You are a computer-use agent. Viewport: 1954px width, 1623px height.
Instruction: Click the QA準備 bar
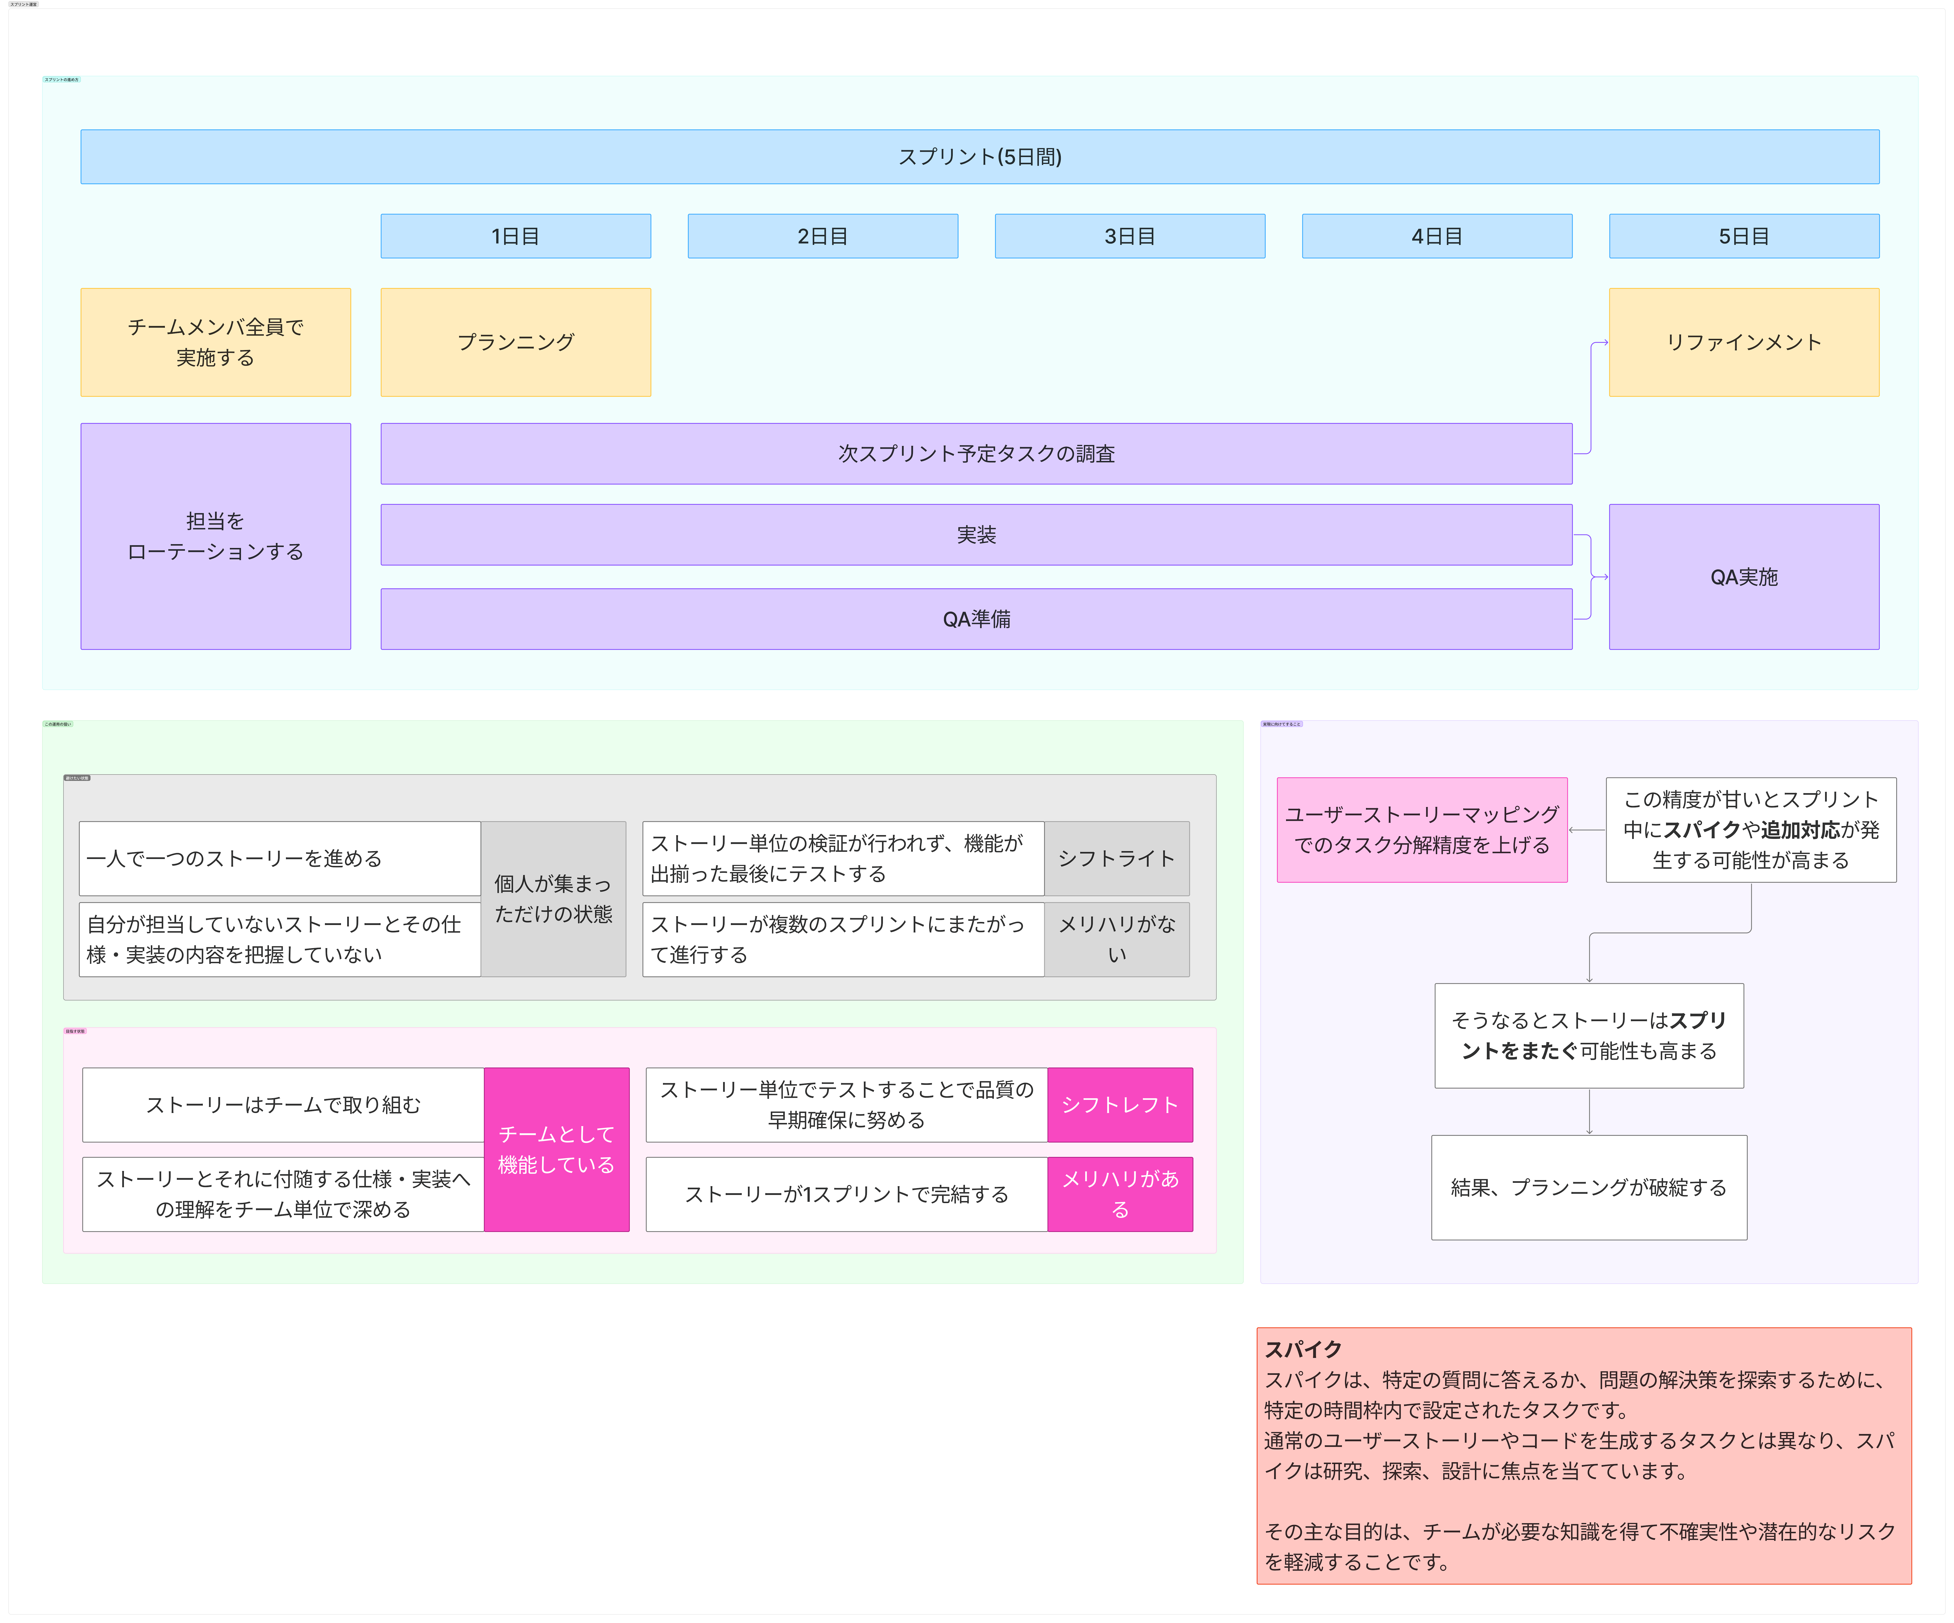(976, 619)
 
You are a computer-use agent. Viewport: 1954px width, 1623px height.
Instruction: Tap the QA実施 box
(1744, 577)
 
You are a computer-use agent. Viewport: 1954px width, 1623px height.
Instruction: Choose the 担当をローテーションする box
(215, 536)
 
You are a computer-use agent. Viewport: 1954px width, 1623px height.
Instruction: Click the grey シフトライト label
(1117, 858)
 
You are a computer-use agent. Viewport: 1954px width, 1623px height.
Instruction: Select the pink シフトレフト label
(1120, 1105)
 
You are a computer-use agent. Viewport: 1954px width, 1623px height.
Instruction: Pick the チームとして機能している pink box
(556, 1149)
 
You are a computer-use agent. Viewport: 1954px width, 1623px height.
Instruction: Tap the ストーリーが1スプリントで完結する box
(847, 1194)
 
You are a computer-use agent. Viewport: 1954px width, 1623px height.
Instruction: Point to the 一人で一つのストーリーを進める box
(279, 858)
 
